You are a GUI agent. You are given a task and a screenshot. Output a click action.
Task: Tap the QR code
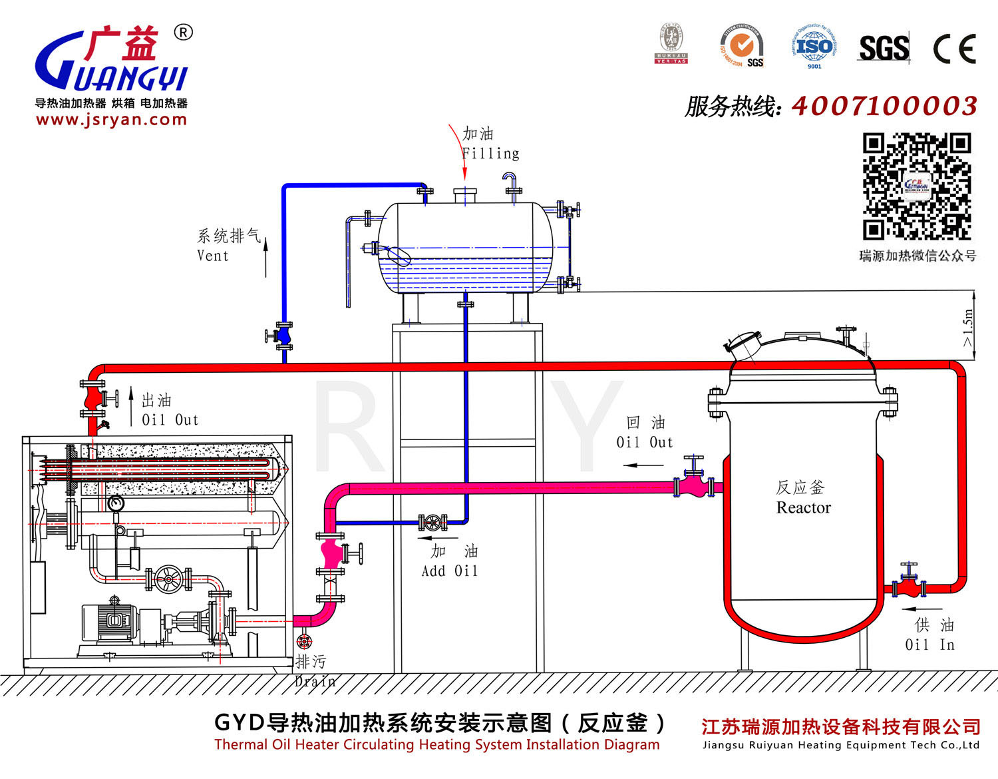coord(917,186)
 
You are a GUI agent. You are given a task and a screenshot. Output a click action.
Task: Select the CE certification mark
coord(954,49)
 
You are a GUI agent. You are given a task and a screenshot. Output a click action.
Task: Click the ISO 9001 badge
coord(814,47)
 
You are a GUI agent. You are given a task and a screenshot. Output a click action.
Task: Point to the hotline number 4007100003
coord(884,106)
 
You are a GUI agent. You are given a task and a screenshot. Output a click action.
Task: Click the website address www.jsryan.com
coord(112,120)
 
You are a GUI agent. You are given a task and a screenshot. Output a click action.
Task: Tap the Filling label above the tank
coord(491,154)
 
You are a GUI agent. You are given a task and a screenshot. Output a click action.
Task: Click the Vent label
coord(213,256)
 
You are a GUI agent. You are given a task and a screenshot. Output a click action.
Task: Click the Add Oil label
coord(450,571)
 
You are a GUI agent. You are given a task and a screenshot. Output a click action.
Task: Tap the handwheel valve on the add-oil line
coord(432,522)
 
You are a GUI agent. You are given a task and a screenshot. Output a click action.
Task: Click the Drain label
coord(315,681)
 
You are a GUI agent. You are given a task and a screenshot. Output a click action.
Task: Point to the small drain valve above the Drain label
coord(304,641)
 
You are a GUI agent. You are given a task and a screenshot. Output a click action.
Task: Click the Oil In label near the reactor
coord(929,645)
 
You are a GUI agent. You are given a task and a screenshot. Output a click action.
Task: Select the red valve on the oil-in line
coord(908,586)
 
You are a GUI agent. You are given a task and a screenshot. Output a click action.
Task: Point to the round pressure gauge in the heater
coord(116,503)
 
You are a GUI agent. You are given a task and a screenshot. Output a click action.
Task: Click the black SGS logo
coord(884,49)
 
